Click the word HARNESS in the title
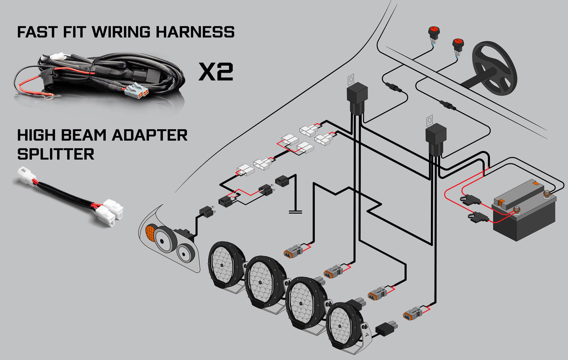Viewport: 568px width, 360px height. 195,32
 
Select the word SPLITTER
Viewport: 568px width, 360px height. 56,154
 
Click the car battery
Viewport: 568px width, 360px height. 524,213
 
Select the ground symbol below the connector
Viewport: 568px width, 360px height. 295,212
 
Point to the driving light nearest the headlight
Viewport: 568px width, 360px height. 226,263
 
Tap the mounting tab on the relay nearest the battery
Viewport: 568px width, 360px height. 430,120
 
